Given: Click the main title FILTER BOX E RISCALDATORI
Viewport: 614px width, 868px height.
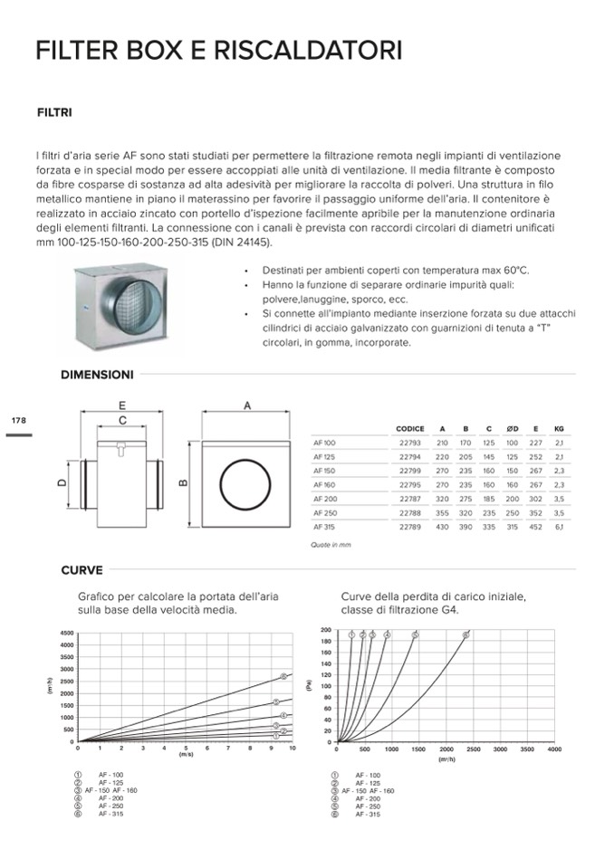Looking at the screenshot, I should [x=218, y=51].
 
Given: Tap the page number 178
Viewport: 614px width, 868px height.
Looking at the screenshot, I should [x=19, y=421].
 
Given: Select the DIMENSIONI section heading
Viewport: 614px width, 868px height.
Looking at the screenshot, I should [x=97, y=374].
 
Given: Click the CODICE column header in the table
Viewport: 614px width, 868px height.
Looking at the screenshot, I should [x=410, y=429].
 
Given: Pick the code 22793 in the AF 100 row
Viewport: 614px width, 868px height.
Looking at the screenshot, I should [x=410, y=443].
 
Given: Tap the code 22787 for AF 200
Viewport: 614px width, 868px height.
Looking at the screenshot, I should [x=410, y=498].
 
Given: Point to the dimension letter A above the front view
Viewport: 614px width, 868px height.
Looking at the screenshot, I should [x=246, y=406].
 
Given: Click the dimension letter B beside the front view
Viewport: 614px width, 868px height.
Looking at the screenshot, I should [x=184, y=482].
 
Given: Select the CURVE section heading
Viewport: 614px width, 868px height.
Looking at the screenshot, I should [x=82, y=570].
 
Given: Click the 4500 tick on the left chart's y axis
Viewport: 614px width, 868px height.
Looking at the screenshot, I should [x=67, y=633].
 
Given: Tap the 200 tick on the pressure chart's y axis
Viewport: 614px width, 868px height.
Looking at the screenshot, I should [x=327, y=630].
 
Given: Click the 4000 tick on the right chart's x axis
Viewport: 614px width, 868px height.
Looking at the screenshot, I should [x=554, y=750].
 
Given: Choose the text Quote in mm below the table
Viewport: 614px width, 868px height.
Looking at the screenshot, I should [x=331, y=545].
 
